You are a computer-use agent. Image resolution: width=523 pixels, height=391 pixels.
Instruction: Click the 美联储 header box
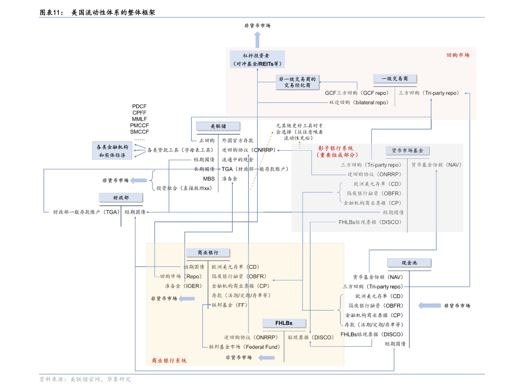click(x=218, y=126)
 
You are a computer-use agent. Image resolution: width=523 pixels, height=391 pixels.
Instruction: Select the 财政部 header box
click(x=121, y=198)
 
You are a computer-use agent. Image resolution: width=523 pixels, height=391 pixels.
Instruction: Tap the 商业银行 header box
click(x=208, y=253)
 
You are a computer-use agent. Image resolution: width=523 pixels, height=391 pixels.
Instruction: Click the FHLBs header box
click(x=284, y=323)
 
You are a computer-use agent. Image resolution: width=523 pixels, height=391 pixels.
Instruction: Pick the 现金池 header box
click(x=409, y=263)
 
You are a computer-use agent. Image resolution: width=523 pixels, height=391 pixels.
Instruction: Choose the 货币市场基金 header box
click(x=408, y=150)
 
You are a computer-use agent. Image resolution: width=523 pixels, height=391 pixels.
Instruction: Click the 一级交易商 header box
click(x=395, y=79)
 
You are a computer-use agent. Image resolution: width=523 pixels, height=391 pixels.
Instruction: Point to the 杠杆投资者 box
click(x=257, y=59)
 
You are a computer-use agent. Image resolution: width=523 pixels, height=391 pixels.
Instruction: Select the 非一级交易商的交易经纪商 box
click(x=298, y=82)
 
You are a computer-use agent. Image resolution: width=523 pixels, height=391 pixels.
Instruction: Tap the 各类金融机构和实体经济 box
click(x=112, y=151)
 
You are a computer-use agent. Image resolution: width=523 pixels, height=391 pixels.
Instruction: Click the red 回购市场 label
click(x=458, y=55)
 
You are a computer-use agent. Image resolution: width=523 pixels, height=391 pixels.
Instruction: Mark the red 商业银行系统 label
click(x=169, y=361)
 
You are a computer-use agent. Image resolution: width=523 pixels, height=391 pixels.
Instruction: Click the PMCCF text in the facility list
click(x=139, y=126)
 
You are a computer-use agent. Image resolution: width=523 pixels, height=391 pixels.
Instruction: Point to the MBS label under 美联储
click(x=209, y=179)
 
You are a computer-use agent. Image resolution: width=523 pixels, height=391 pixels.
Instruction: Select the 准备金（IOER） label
click(x=184, y=286)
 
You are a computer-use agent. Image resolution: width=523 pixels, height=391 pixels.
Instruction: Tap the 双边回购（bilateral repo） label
click(x=359, y=102)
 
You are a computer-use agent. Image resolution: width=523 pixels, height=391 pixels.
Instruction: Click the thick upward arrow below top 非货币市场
click(x=257, y=40)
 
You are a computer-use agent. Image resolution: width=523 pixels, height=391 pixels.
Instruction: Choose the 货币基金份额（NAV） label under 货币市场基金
click(x=436, y=165)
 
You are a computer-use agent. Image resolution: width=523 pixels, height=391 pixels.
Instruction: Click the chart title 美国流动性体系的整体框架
click(x=113, y=12)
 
